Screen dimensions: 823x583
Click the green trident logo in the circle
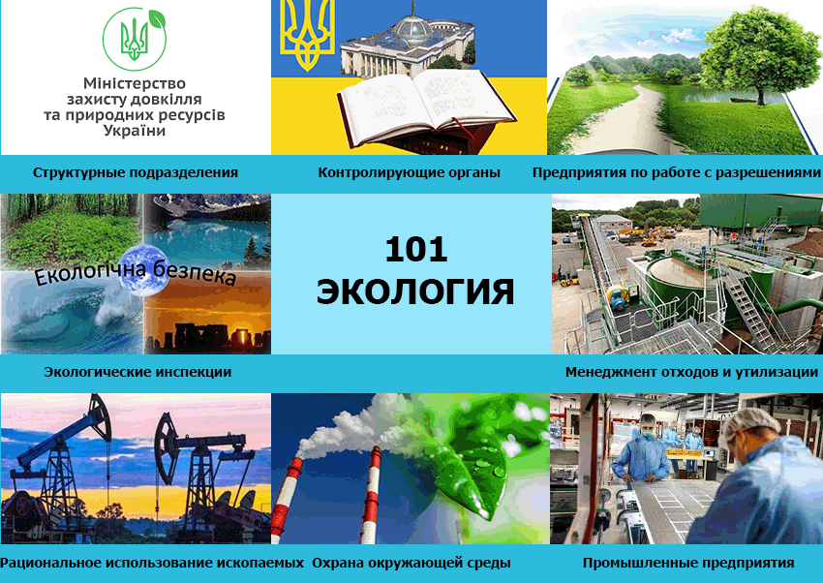click(135, 39)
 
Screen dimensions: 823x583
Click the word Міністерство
click(135, 83)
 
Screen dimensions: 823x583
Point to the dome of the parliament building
click(414, 27)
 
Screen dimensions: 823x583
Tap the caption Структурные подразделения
click(136, 172)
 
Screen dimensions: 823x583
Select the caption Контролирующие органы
click(409, 172)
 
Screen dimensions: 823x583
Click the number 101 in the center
click(415, 250)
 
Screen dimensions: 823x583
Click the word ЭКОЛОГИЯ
click(415, 291)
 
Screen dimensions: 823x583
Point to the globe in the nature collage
click(144, 271)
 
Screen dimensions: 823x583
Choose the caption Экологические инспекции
click(137, 372)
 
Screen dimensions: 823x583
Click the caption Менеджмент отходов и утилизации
click(691, 372)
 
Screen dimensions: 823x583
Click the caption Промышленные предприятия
click(688, 563)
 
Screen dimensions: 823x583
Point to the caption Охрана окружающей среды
click(411, 563)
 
